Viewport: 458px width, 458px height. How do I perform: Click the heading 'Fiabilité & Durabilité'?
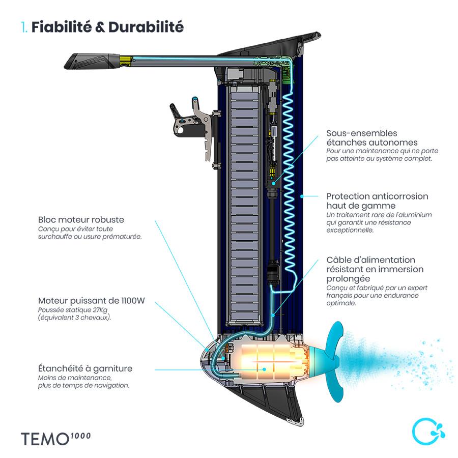point(107,27)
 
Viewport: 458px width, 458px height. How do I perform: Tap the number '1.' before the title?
point(24,27)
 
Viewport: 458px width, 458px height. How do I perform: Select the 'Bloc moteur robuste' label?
point(81,220)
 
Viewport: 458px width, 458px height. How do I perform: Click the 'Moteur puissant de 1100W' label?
point(91,300)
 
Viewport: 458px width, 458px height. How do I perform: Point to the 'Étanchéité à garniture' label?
point(85,368)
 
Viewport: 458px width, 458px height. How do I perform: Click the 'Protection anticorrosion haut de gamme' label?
point(377,201)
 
